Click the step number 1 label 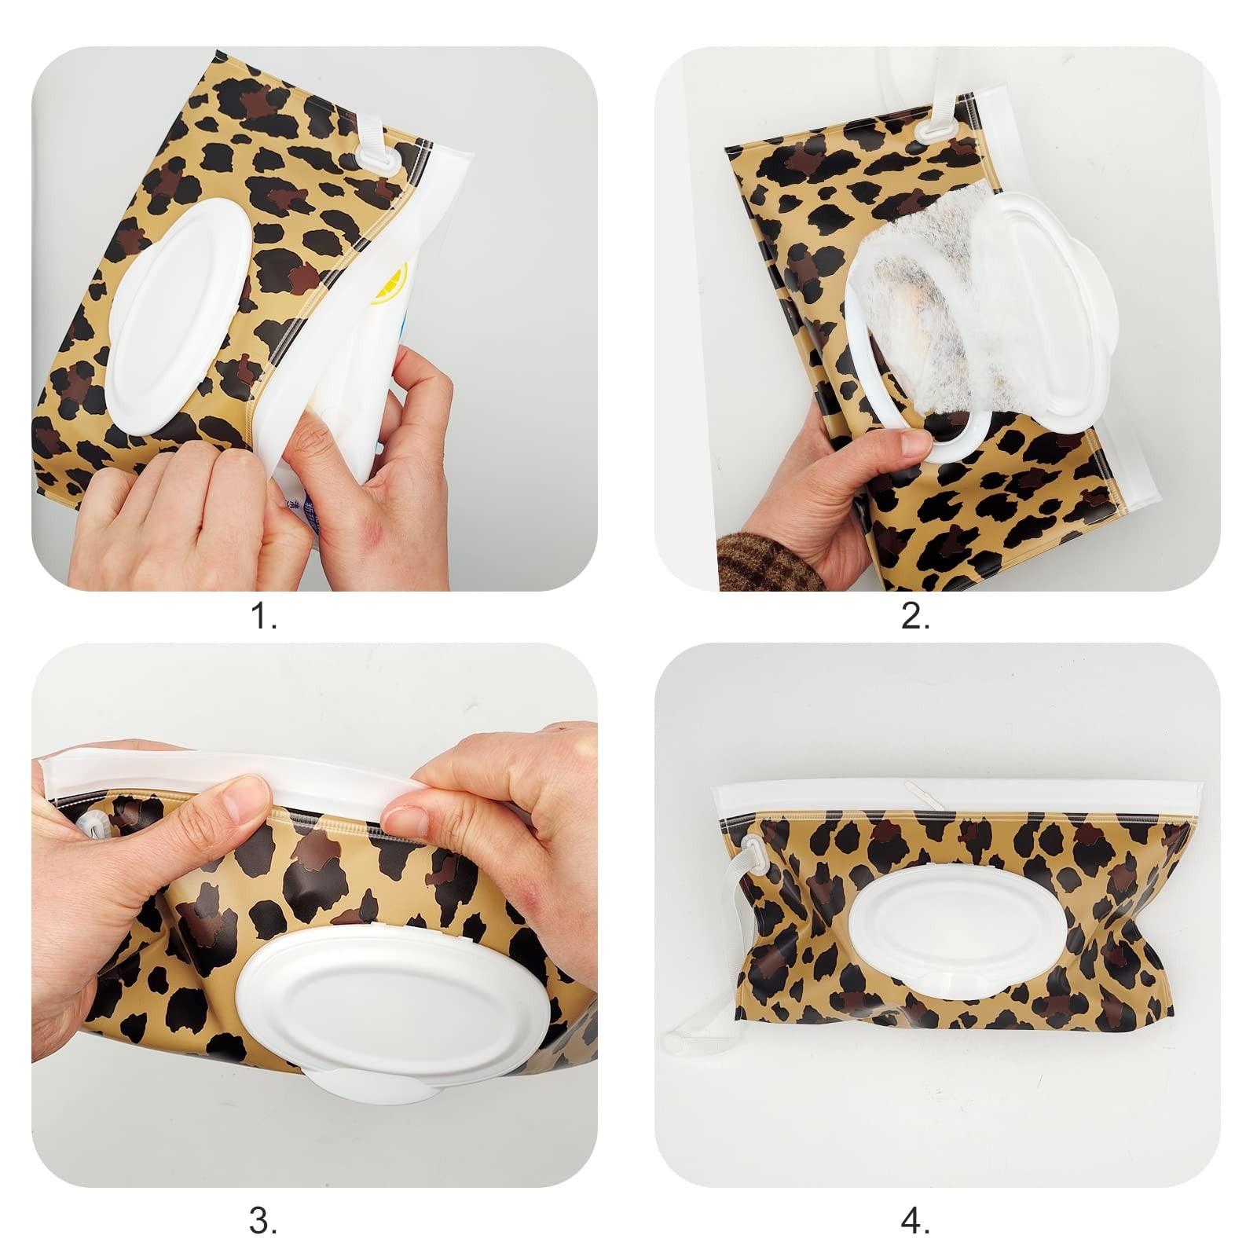point(263,618)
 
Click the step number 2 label point(915,618)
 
